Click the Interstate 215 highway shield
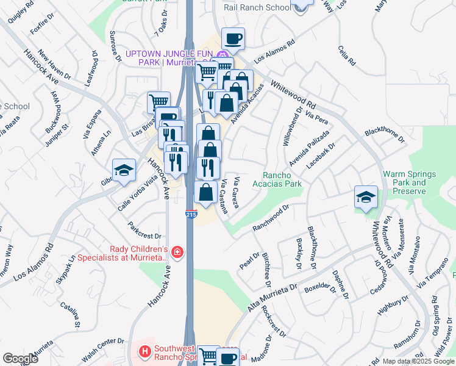[x=190, y=215]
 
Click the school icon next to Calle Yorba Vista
[x=124, y=170]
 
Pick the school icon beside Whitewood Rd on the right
[x=366, y=197]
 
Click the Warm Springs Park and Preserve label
[x=409, y=182]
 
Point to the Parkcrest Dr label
[x=144, y=235]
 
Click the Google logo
[x=20, y=359]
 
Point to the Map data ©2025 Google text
[x=419, y=362]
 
